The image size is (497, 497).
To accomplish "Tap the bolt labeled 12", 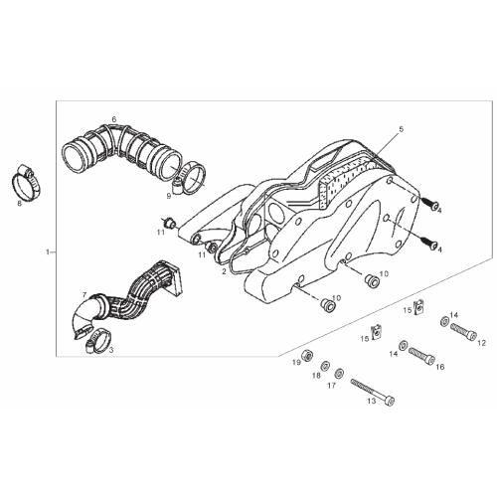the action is click(x=463, y=330).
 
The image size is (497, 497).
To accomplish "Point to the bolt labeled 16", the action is click(x=421, y=355).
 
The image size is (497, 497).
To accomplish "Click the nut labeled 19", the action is click(x=308, y=355).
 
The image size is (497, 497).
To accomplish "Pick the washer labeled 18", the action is click(x=325, y=366).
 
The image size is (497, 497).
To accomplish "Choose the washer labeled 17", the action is click(x=339, y=374).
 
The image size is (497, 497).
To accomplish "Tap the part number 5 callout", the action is click(x=402, y=129).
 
